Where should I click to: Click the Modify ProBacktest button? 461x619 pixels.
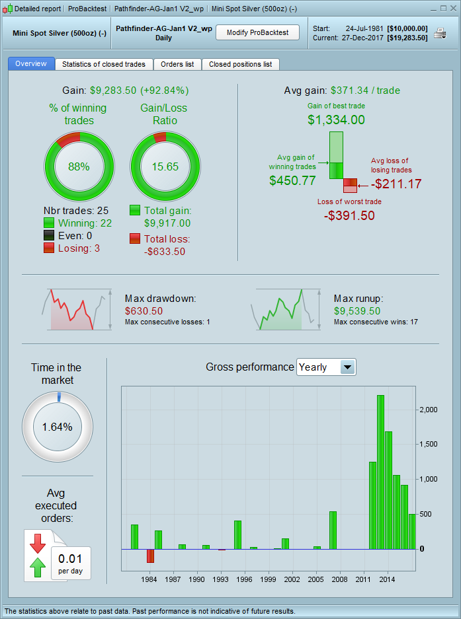click(x=257, y=32)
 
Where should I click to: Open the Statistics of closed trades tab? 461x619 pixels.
click(x=105, y=64)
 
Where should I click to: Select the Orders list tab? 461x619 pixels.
click(x=177, y=64)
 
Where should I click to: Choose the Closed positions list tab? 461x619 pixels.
click(x=240, y=64)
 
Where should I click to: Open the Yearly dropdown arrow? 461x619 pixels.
click(x=347, y=367)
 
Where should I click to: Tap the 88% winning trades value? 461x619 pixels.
click(x=79, y=166)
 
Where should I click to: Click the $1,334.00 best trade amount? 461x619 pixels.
click(x=336, y=120)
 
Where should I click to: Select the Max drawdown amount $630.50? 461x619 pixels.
click(x=144, y=310)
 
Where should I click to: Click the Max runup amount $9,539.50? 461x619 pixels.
click(x=357, y=310)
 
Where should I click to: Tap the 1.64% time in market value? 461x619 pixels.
click(x=57, y=427)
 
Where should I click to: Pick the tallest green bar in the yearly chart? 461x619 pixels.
click(x=380, y=472)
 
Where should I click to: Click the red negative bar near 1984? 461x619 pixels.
click(x=150, y=555)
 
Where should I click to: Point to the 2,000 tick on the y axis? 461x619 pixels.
click(x=428, y=410)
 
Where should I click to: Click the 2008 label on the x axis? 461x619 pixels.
click(x=339, y=579)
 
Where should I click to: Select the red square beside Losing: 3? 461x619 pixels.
click(x=48, y=248)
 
